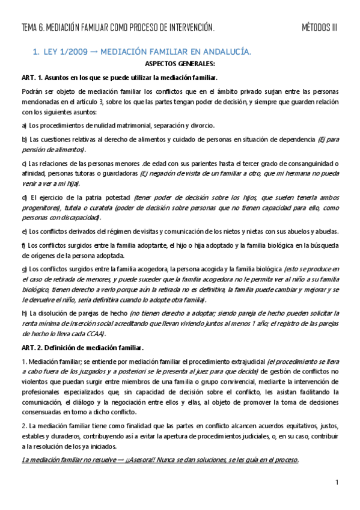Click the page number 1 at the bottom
[337, 482]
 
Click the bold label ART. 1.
[33, 78]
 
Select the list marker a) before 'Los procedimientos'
[24, 126]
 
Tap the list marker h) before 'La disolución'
[24, 313]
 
